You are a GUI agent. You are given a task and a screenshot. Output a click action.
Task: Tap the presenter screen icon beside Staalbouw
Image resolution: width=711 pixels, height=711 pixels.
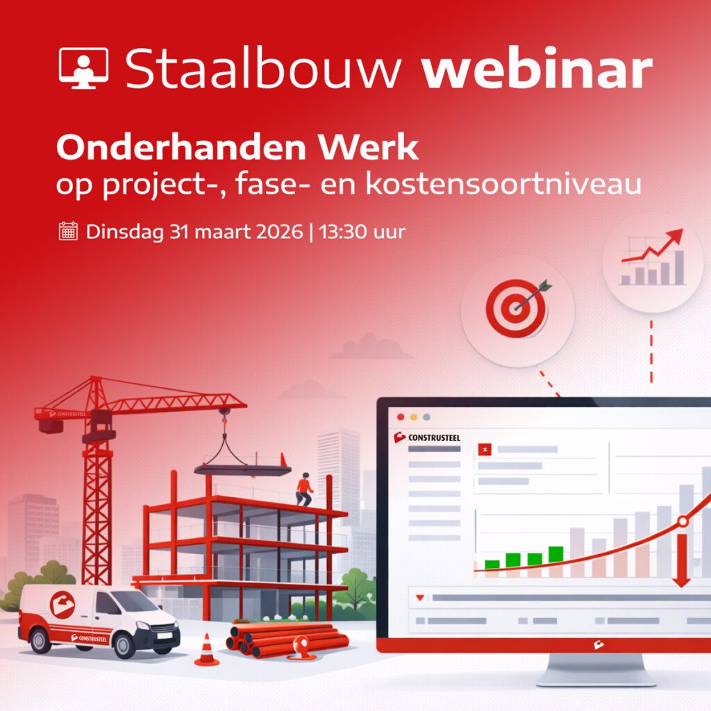[83, 68]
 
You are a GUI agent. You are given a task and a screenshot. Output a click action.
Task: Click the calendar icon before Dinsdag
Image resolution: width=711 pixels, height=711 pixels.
[68, 231]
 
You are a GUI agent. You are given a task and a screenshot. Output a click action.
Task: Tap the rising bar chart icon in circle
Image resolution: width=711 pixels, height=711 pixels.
[652, 261]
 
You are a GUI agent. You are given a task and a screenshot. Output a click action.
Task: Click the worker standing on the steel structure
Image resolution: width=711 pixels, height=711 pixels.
[304, 489]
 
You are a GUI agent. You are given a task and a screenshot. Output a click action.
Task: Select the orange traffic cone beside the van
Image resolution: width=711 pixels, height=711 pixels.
[206, 650]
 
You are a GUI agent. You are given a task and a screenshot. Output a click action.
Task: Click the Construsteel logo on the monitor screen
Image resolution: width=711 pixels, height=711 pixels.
[426, 437]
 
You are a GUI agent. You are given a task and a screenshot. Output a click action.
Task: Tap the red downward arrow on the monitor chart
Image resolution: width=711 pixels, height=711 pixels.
[681, 561]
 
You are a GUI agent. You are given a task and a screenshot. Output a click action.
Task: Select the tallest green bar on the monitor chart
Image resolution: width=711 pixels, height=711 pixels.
[555, 553]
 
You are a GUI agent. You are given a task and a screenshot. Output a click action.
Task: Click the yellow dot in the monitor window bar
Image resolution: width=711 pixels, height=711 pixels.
[413, 417]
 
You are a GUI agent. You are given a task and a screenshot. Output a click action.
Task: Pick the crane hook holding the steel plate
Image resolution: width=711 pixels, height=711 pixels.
[224, 421]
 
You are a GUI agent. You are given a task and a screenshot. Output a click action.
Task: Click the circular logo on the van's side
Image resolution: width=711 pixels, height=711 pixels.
[62, 605]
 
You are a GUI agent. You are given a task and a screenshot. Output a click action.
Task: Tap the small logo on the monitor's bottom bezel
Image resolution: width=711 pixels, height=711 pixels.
[599, 645]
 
